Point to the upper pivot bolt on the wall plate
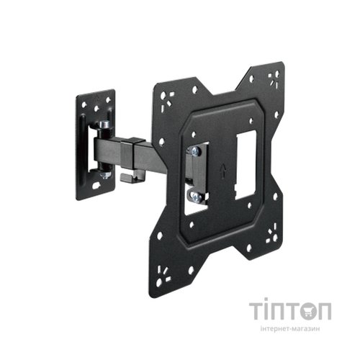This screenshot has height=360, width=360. pyautogui.click(x=105, y=126)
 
